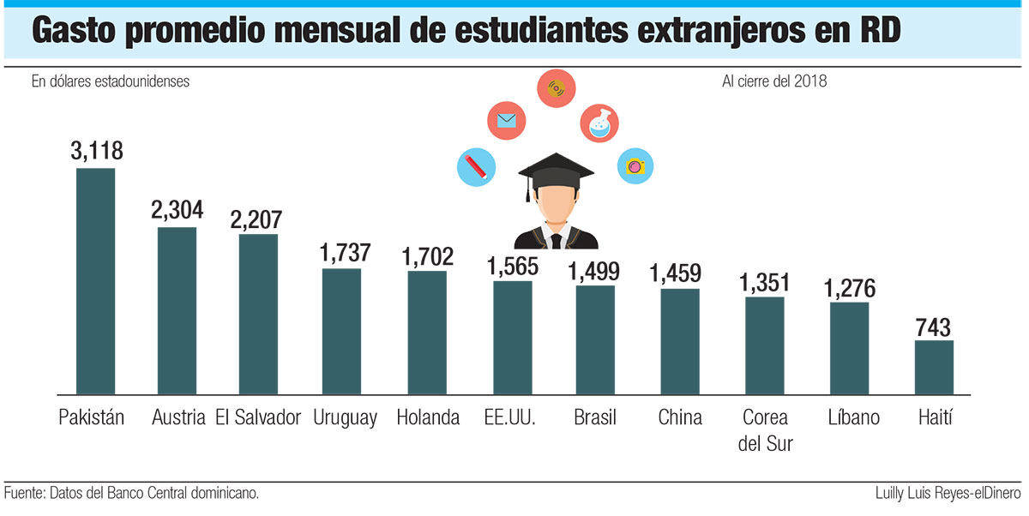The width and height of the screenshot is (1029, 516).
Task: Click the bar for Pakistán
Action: pyautogui.click(x=95, y=281)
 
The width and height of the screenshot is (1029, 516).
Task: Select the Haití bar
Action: pyautogui.click(x=934, y=367)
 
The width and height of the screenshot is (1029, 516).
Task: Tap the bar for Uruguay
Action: pyautogui.click(x=341, y=331)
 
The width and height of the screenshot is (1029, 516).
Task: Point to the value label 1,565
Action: pyautogui.click(x=512, y=266)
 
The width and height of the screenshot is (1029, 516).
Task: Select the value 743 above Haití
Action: pyautogui.click(x=934, y=327)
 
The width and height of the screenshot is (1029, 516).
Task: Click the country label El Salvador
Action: pyautogui.click(x=259, y=418)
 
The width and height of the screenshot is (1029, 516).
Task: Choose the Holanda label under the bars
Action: pyautogui.click(x=428, y=418)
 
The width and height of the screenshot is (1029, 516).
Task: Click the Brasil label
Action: pyautogui.click(x=595, y=418)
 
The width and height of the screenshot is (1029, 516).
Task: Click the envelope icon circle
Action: pyautogui.click(x=506, y=121)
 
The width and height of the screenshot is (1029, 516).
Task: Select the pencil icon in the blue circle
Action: pyautogui.click(x=476, y=166)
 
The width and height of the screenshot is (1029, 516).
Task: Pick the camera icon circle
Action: pyautogui.click(x=635, y=165)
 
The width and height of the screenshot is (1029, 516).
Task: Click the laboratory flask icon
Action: pyautogui.click(x=599, y=124)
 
